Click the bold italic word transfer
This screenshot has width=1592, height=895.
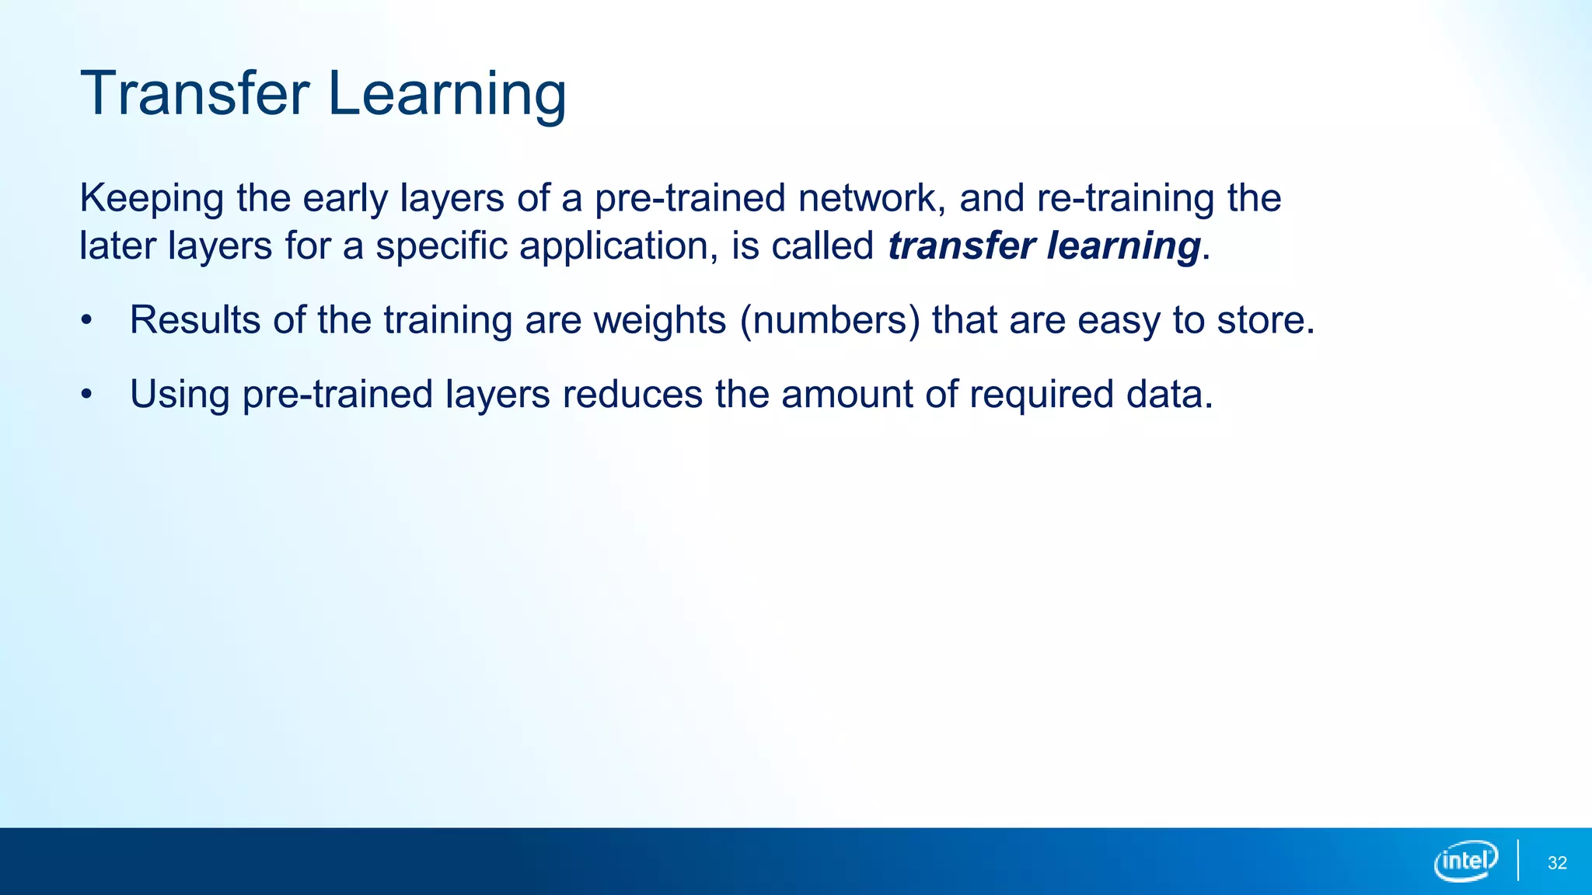pyautogui.click(x=961, y=246)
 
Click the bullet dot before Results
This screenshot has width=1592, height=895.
pyautogui.click(x=86, y=320)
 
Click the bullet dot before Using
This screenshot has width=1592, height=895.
pyautogui.click(x=86, y=395)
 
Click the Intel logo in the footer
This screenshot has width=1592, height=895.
pyautogui.click(x=1465, y=861)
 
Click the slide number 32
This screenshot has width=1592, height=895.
pyautogui.click(x=1557, y=863)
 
